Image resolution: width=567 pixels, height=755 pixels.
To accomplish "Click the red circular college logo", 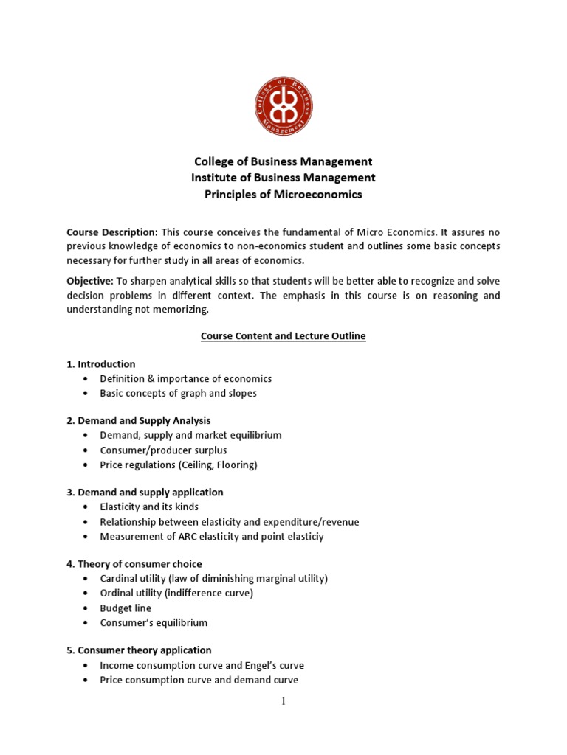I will (283, 106).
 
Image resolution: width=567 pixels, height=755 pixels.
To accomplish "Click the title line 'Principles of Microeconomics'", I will (283, 195).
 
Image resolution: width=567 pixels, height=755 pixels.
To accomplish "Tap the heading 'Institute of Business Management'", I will (283, 178).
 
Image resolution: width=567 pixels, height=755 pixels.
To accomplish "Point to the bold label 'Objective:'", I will (89, 281).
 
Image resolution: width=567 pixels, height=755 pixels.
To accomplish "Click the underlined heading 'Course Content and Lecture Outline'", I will (283, 336).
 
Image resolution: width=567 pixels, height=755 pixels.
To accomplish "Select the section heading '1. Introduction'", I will (101, 364).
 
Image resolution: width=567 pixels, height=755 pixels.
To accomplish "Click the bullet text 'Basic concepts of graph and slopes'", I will (178, 393).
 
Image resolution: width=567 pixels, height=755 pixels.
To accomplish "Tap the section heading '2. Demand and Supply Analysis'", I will (139, 420).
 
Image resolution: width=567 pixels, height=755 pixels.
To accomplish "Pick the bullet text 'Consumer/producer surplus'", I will (163, 450).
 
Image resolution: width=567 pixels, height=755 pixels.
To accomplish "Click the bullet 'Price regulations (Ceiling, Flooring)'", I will (178, 465).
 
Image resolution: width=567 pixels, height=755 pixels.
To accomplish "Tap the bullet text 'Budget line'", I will (126, 608).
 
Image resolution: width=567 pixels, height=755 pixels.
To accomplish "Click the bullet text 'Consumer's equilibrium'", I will (154, 622).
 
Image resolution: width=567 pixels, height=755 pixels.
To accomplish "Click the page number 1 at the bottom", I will (283, 701).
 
